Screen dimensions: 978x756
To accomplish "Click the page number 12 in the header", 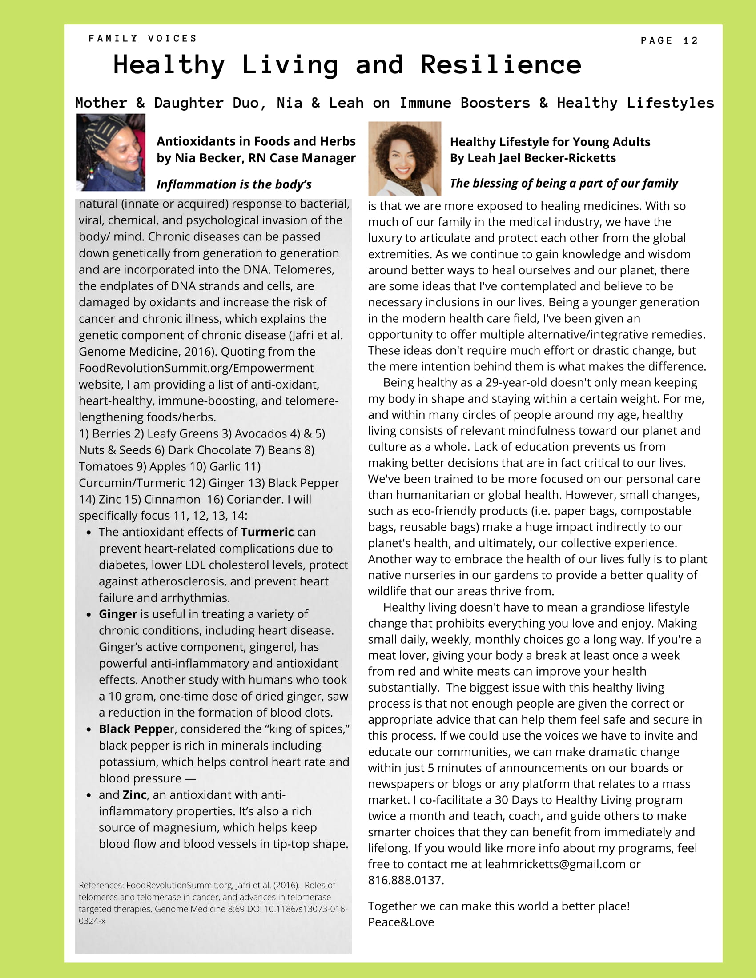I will click(690, 41).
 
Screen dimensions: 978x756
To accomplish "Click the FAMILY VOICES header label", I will click(143, 39).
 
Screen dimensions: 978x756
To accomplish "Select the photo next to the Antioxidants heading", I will click(111, 152).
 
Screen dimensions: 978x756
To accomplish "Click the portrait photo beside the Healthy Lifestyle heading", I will click(404, 159).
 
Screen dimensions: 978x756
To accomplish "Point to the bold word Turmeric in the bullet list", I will click(267, 532).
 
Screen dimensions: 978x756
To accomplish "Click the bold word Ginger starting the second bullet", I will click(118, 614).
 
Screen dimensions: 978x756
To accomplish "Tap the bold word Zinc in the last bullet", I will click(134, 795).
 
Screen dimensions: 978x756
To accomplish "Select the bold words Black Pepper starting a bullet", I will click(134, 729).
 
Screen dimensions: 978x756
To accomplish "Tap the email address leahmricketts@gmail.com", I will click(555, 864).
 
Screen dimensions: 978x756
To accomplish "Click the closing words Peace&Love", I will click(401, 922).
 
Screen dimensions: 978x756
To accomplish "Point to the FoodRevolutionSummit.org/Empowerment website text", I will click(196, 368).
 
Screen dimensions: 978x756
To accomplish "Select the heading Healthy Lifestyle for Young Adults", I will click(550, 142).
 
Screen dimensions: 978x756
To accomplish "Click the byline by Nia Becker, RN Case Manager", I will click(256, 158).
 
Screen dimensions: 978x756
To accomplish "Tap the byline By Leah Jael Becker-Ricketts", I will click(533, 158).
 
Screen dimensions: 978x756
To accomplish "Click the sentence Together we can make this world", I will click(499, 906).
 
